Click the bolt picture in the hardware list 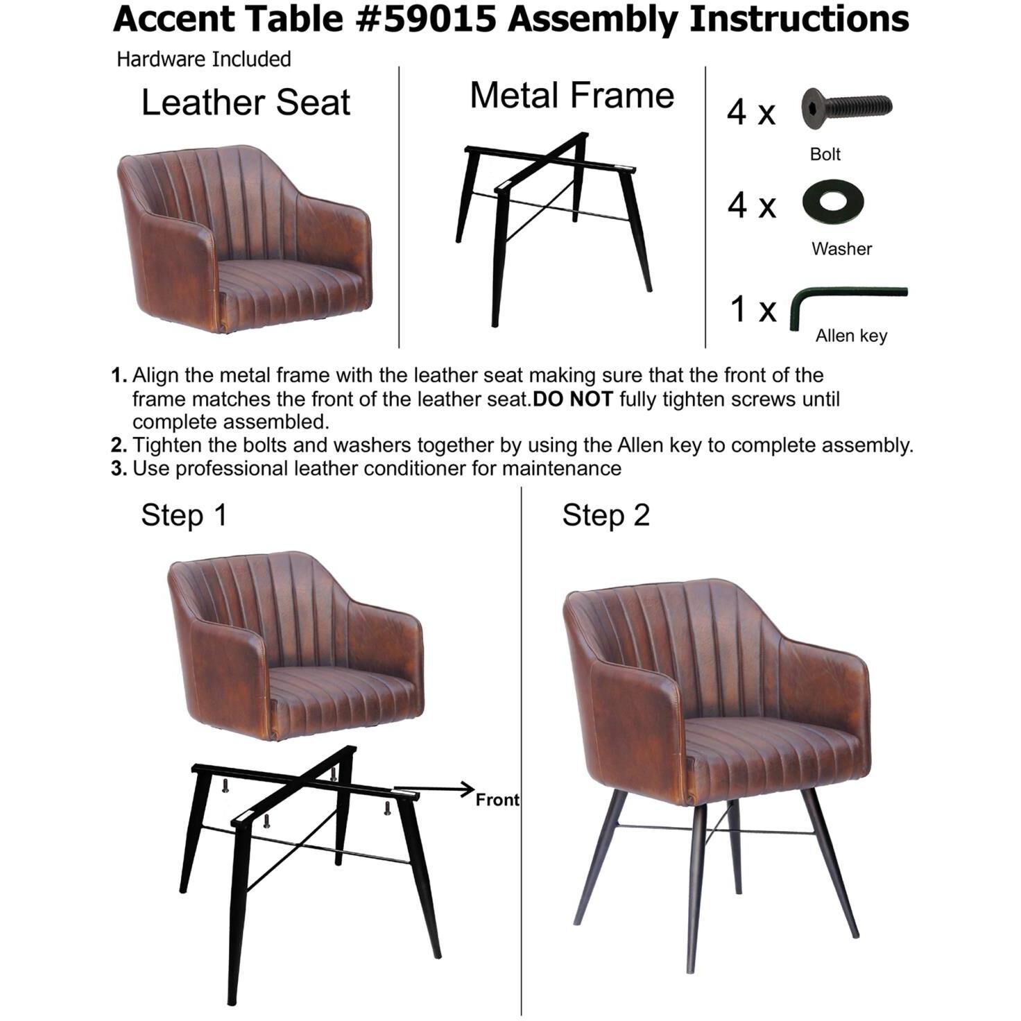tap(846, 108)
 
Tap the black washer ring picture tap(832, 202)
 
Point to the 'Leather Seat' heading tap(246, 103)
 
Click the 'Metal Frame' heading tap(572, 95)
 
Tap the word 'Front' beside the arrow tap(497, 800)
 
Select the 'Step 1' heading tap(184, 515)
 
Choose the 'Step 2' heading tap(606, 515)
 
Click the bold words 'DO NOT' tap(573, 399)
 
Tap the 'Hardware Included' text tap(203, 59)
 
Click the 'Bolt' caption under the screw tap(825, 154)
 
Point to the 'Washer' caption tap(841, 248)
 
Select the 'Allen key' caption tap(851, 336)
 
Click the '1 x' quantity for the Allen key tap(753, 309)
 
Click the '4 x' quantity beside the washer tap(751, 205)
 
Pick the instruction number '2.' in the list tap(119, 445)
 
